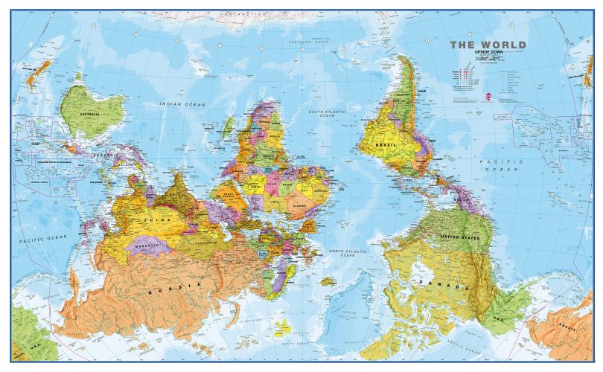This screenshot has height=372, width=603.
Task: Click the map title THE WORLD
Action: tap(488, 45)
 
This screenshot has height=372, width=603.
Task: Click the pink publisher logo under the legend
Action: tap(488, 96)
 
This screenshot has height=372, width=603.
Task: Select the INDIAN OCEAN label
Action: tap(179, 105)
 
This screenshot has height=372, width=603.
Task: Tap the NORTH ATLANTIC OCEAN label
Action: tap(340, 255)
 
